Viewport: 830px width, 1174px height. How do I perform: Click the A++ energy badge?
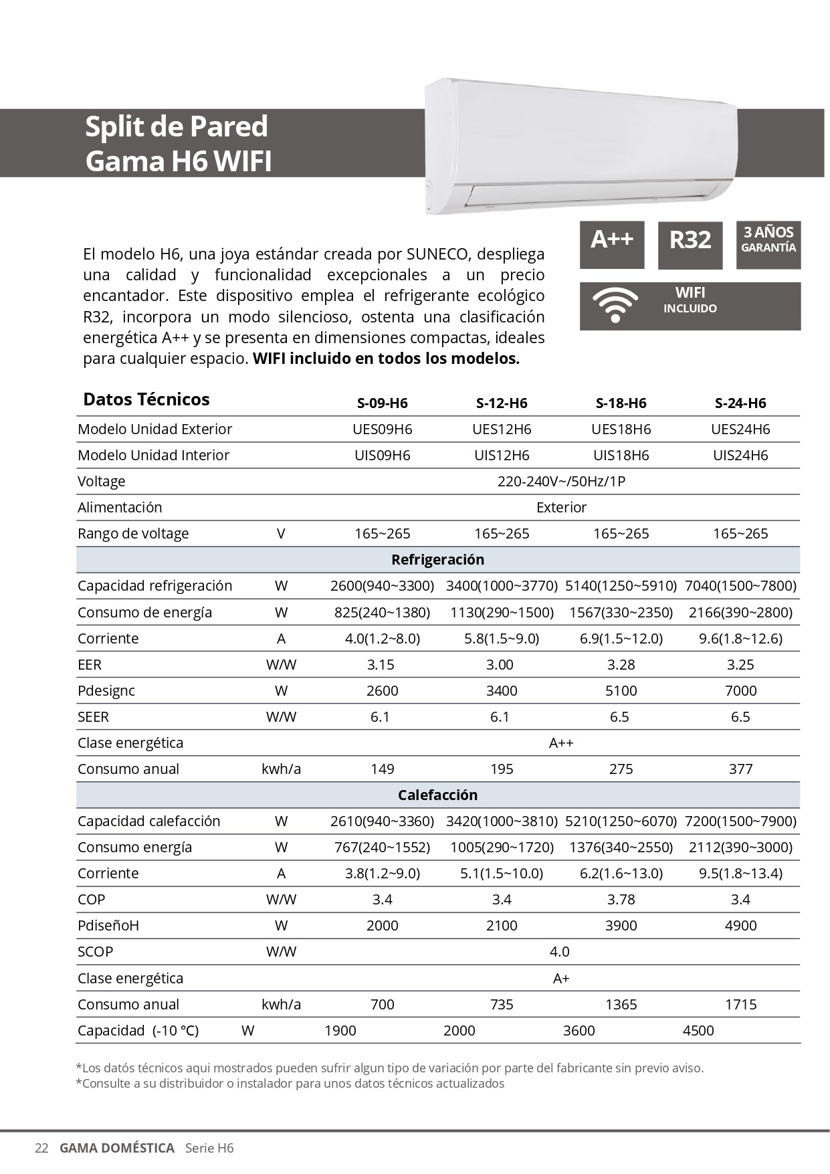click(611, 245)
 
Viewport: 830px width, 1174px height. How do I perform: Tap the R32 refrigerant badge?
click(690, 245)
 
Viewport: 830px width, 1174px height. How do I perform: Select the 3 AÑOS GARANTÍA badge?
click(768, 245)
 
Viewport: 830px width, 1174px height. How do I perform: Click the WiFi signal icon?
click(615, 306)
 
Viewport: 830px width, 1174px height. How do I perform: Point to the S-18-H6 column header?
click(621, 403)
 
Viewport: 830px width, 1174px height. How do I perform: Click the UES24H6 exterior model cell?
click(740, 429)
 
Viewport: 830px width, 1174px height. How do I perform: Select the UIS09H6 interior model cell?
click(382, 455)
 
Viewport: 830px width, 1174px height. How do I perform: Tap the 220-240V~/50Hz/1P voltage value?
click(561, 481)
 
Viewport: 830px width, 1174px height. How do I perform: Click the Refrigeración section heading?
click(437, 559)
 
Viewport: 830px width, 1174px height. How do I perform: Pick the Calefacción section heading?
click(437, 795)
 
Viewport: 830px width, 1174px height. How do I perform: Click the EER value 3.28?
click(621, 664)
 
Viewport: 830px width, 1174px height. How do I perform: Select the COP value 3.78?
click(621, 899)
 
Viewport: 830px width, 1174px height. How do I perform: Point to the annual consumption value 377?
click(740, 769)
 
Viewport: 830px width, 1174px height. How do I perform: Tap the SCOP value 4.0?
click(559, 951)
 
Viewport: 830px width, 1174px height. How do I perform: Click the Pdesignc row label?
click(106, 690)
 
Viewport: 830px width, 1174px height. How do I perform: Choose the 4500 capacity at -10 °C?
click(698, 1030)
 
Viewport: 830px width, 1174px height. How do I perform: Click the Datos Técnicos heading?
click(146, 399)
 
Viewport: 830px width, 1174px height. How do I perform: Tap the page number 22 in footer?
click(41, 1148)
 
